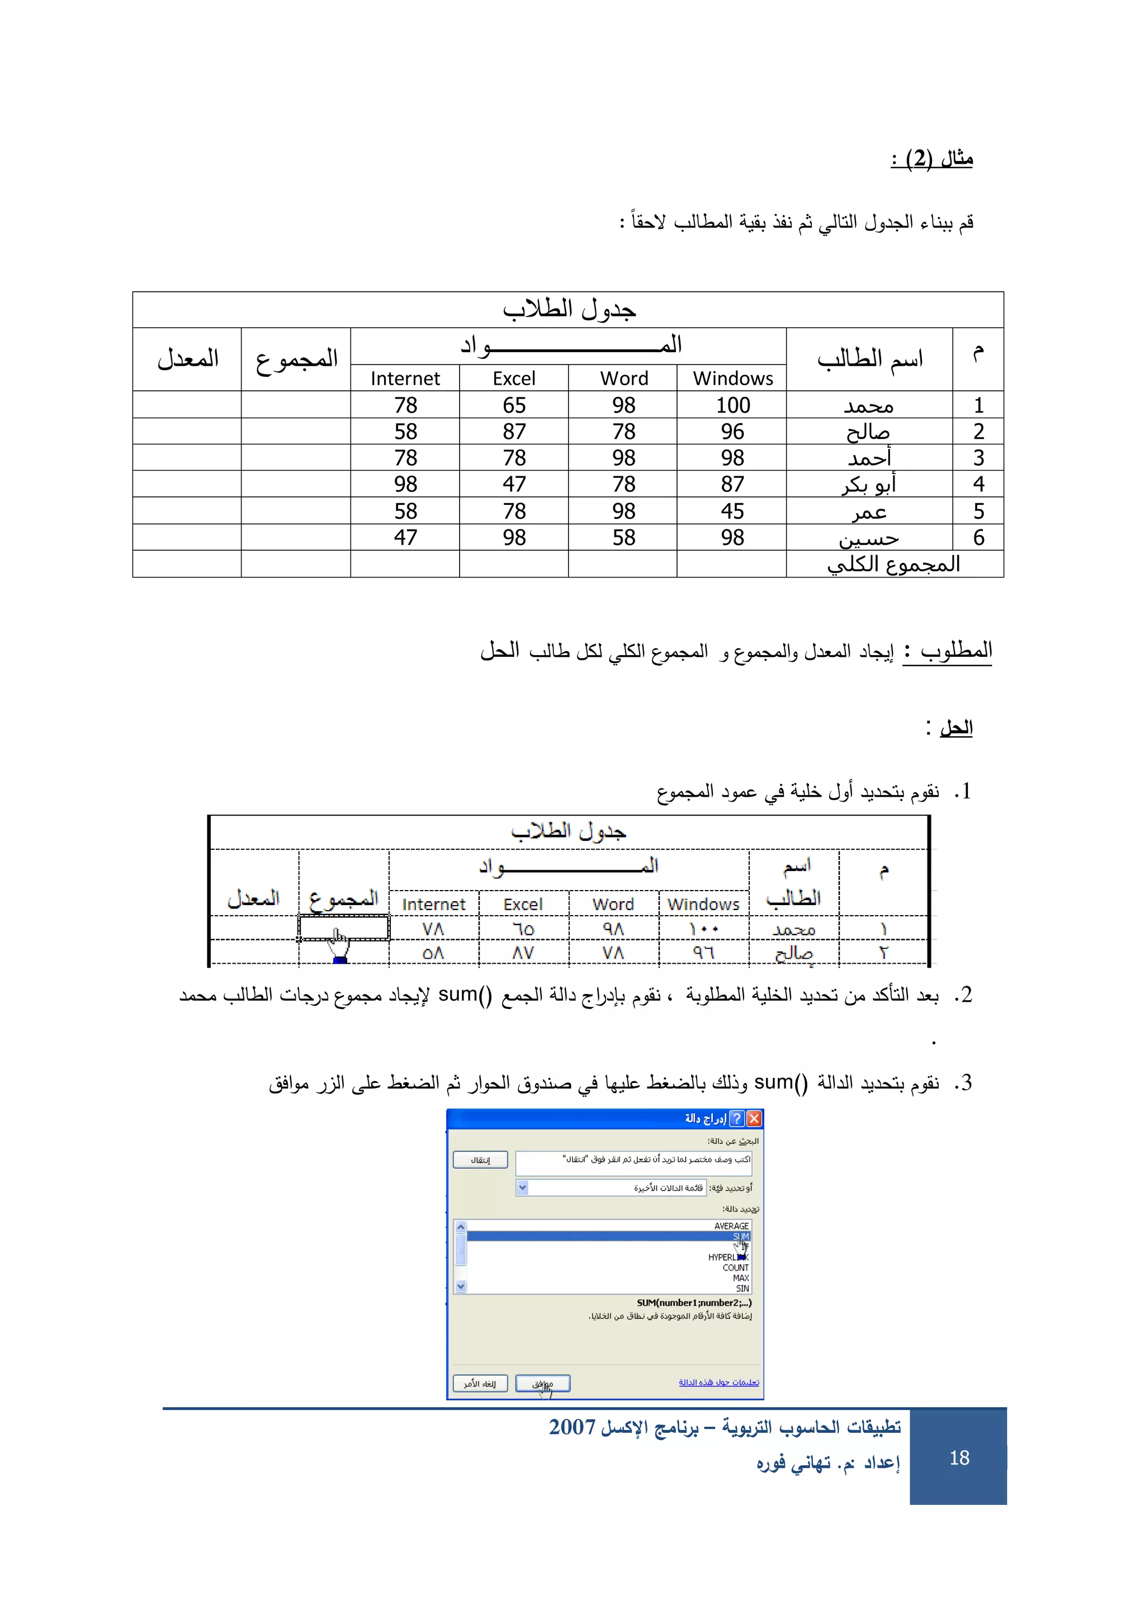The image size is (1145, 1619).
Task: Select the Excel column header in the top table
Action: pyautogui.click(x=514, y=378)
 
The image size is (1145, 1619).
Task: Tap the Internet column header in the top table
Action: pyautogui.click(x=405, y=378)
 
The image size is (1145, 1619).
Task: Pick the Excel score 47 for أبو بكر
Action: pyautogui.click(x=514, y=485)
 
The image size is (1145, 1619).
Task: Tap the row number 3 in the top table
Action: pyautogui.click(x=978, y=458)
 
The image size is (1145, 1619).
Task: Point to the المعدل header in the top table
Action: pyautogui.click(x=187, y=359)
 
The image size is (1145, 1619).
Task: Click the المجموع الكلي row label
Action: pyautogui.click(x=894, y=564)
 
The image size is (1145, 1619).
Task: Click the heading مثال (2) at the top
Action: pyautogui.click(x=932, y=158)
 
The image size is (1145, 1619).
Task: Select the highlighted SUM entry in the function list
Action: pyautogui.click(x=740, y=1236)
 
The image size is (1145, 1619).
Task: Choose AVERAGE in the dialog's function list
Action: pyautogui.click(x=731, y=1225)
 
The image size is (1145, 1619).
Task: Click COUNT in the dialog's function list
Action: pyautogui.click(x=735, y=1267)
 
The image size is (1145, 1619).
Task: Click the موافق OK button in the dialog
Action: pyautogui.click(x=542, y=1384)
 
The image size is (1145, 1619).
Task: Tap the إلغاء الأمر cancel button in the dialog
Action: pyautogui.click(x=480, y=1384)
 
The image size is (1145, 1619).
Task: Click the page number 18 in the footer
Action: pyautogui.click(x=959, y=1457)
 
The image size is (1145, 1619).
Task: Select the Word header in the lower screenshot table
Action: pyautogui.click(x=613, y=904)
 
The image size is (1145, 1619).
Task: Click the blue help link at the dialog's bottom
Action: pyautogui.click(x=718, y=1382)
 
